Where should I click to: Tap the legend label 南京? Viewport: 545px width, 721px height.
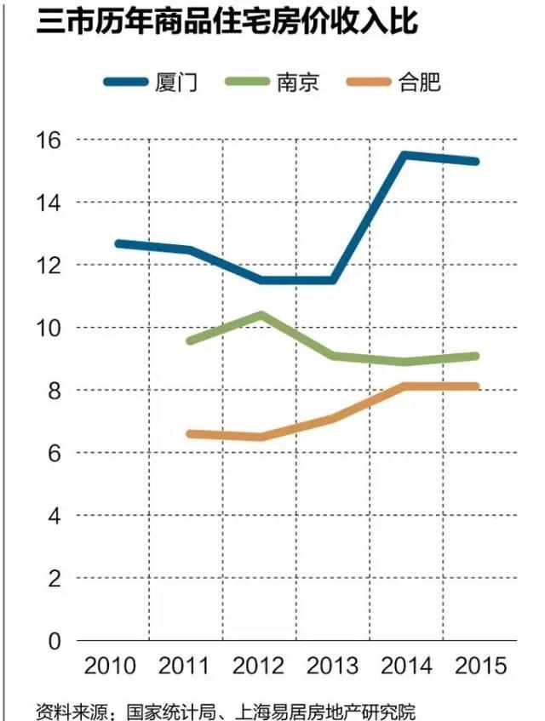pyautogui.click(x=296, y=83)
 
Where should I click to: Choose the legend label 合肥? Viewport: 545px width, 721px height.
pyautogui.click(x=418, y=83)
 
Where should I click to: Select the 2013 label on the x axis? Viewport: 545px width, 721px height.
pyautogui.click(x=333, y=665)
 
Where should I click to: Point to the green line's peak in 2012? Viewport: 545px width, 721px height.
pyautogui.click(x=260, y=315)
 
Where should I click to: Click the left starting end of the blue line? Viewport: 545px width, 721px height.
pyautogui.click(x=118, y=243)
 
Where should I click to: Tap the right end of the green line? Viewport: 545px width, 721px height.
pyautogui.click(x=475, y=356)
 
